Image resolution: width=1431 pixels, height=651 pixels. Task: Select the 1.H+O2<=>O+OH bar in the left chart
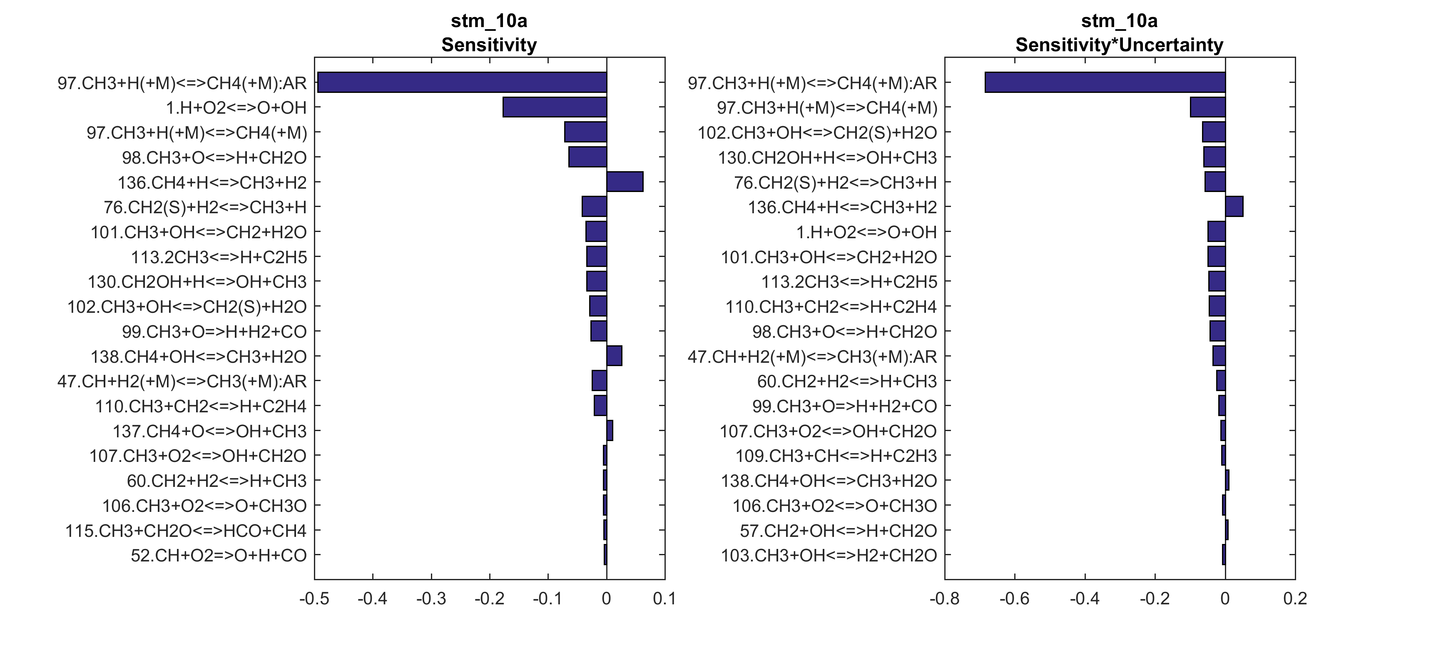(555, 107)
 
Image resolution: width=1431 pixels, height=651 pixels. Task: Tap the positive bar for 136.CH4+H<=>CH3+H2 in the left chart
(625, 182)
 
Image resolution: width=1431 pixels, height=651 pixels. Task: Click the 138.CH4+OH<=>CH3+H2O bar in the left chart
(614, 356)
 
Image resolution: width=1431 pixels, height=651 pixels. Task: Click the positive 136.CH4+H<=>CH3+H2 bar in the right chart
(1234, 207)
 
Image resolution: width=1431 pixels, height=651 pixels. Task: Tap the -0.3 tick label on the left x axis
(431, 599)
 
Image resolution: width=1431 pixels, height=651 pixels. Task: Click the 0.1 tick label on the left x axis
(664, 599)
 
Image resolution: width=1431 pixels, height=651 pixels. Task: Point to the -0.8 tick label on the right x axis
(944, 599)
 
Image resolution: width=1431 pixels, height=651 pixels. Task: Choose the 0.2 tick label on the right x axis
(1295, 599)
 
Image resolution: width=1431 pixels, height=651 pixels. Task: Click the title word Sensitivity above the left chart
(489, 45)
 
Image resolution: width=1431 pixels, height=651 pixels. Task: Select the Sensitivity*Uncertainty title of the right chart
(1119, 45)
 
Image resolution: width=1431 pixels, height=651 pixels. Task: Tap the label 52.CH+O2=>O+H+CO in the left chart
(218, 555)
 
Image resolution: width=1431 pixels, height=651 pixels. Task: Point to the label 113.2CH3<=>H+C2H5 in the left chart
(218, 257)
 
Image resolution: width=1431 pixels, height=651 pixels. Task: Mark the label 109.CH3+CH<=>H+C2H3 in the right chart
(836, 456)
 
